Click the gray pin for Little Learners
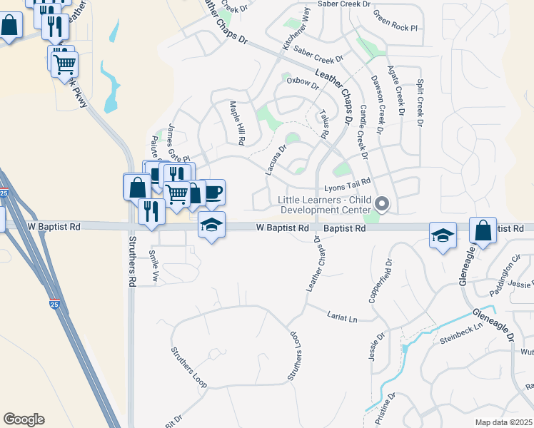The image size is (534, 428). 382,204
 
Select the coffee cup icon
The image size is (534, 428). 213,192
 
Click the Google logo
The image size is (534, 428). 23,419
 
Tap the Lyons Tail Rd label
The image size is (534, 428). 348,185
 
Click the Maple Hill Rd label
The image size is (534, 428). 236,123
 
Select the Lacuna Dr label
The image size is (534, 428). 276,160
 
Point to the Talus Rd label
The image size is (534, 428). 325,124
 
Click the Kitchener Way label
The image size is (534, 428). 297,30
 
